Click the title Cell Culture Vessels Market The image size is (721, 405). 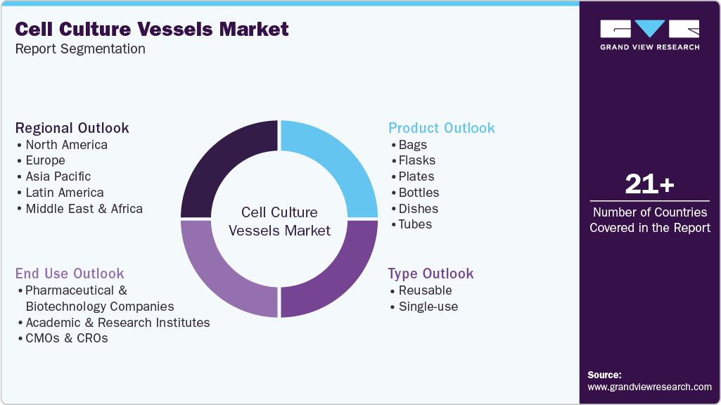(152, 29)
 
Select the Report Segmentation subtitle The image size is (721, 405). (80, 49)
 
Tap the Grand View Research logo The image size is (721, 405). (649, 34)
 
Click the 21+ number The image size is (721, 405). (649, 184)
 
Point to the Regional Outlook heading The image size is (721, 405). (72, 128)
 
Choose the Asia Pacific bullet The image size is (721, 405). (58, 176)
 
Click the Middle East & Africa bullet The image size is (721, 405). (84, 209)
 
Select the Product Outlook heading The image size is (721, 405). (441, 128)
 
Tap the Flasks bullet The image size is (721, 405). (417, 160)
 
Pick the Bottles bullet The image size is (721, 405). (419, 193)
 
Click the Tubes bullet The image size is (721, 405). (415, 224)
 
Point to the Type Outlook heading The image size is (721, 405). (430, 274)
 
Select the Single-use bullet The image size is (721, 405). (428, 306)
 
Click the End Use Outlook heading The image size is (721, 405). (70, 274)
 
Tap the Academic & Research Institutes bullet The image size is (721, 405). (117, 322)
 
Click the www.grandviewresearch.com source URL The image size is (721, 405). (649, 387)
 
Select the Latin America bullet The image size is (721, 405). (64, 193)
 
